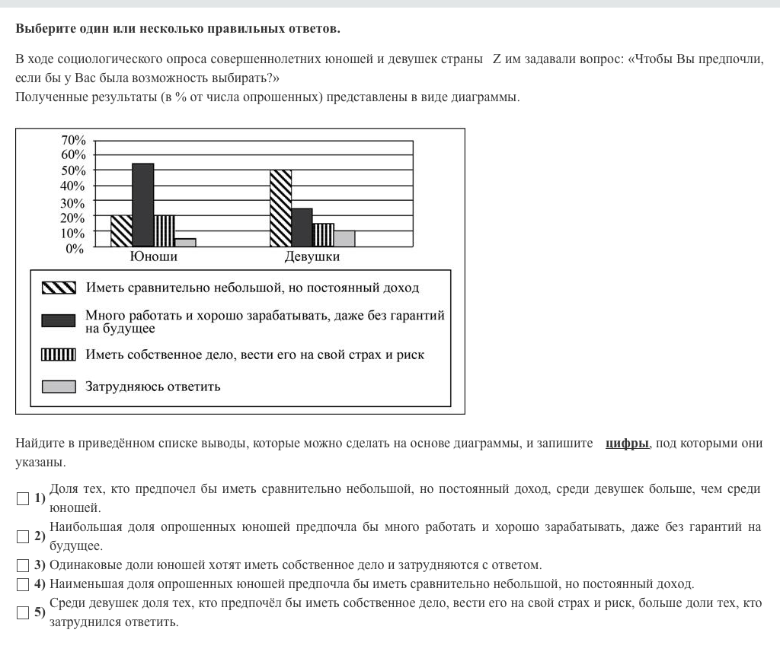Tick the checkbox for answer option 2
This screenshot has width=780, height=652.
pos(22,536)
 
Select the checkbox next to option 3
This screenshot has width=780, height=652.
pos(22,565)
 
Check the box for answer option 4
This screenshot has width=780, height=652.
pos(22,584)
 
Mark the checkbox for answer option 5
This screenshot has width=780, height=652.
pos(22,612)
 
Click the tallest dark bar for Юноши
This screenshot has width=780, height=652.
pos(143,205)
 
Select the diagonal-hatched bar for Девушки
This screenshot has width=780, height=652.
pos(280,208)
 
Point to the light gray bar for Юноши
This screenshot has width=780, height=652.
pos(185,242)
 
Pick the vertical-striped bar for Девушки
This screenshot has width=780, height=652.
pos(324,234)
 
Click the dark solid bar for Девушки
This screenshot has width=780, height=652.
pos(302,227)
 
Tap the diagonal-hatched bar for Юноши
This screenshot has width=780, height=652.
pos(122,231)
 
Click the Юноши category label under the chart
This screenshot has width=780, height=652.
pos(154,257)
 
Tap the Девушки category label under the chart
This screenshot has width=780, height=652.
pos(312,257)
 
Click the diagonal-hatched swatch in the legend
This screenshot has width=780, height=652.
pos(59,288)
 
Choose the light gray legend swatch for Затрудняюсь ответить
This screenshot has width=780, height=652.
pos(59,386)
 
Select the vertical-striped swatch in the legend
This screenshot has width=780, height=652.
pos(59,355)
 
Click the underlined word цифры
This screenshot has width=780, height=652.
pos(628,444)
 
